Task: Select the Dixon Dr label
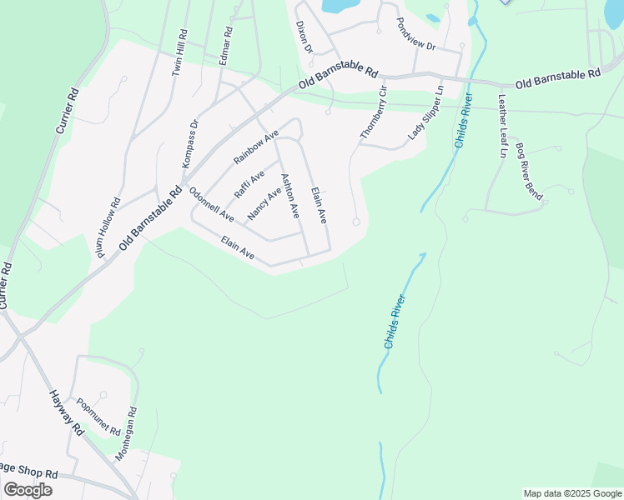(x=302, y=37)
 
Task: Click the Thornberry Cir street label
(x=375, y=112)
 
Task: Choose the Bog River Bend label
(x=530, y=172)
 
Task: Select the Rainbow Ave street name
(x=256, y=147)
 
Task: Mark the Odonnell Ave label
(x=211, y=203)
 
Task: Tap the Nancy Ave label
(x=264, y=204)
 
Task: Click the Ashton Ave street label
(x=289, y=196)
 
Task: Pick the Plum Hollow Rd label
(x=110, y=228)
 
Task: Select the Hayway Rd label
(x=67, y=412)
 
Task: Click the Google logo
(x=28, y=490)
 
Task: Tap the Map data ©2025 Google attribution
(x=572, y=493)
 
